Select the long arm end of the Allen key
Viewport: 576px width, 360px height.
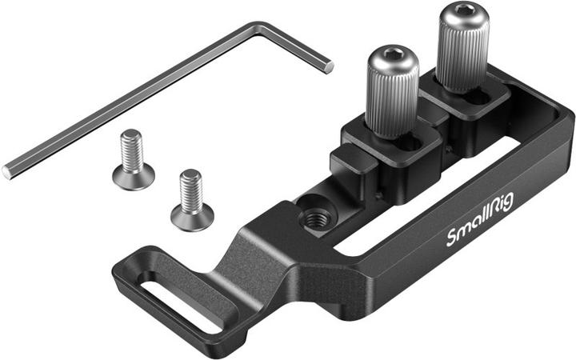pyautogui.click(x=8, y=170)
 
